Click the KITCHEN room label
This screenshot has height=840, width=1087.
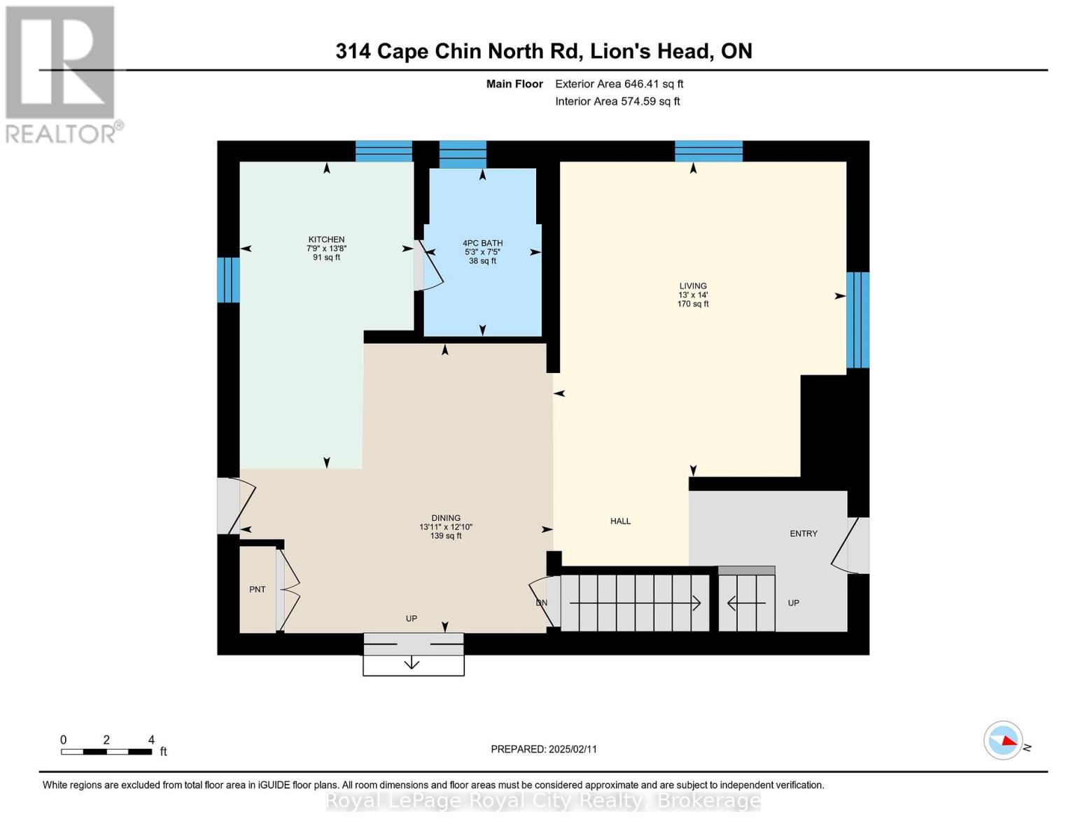coord(326,239)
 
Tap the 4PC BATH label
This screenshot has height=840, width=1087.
coord(482,243)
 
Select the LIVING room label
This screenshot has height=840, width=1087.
coord(693,286)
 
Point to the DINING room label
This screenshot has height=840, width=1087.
coord(446,518)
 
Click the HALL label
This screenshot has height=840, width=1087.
coord(620,521)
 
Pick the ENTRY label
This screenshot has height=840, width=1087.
coord(804,533)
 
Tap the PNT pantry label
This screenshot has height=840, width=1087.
coord(258,589)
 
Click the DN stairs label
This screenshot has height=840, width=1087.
coord(541,603)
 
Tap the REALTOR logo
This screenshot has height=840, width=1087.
coord(62,73)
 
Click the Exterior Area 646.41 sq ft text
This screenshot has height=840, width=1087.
coord(619,84)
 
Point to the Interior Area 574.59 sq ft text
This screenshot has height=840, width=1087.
coord(617,101)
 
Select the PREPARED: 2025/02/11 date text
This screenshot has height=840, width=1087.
coord(544,749)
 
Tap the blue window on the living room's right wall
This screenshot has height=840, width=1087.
coord(858,320)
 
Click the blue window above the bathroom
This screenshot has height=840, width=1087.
coord(463,154)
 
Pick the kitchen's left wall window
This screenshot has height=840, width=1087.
coord(228,280)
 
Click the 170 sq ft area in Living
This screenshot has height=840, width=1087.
coord(693,304)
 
